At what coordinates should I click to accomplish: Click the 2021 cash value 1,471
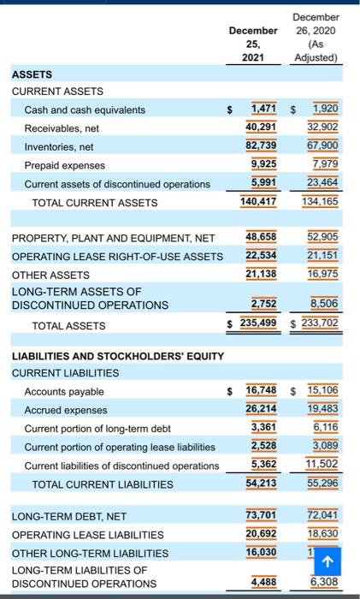coord(263,109)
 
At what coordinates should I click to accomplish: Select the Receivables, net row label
coord(62,128)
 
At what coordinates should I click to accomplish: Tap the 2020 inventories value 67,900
coord(322,145)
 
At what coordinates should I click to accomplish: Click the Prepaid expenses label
coord(64,165)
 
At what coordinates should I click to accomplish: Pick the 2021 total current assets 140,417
coord(258,201)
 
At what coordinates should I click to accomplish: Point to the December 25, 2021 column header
coord(253,44)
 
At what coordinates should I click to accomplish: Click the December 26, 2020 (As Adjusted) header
coord(316,38)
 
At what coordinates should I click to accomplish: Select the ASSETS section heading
coord(32,74)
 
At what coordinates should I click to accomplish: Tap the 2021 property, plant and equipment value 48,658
coord(261,237)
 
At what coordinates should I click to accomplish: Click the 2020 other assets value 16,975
coord(322,274)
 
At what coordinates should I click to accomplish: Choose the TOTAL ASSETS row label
coord(68,326)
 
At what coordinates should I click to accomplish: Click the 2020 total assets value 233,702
coord(320,323)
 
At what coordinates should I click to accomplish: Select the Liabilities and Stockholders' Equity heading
coord(118,357)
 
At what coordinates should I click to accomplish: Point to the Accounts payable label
coord(64,392)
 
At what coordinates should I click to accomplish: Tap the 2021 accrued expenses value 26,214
coord(261,408)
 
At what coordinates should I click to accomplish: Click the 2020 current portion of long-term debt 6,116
coord(326,427)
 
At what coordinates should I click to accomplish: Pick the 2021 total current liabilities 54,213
coord(261,483)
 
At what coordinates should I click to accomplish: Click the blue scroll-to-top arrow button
coord(328,561)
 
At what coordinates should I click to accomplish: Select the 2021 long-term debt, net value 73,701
coord(261,515)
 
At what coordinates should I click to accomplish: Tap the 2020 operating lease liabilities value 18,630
coord(322,534)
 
